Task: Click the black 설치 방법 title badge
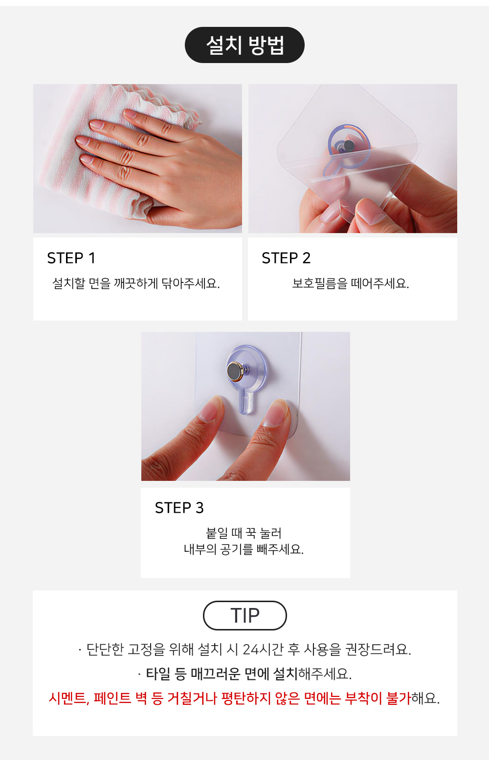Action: (x=244, y=45)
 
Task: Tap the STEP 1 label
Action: (x=71, y=258)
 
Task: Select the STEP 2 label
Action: (x=286, y=258)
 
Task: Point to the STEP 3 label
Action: (x=179, y=508)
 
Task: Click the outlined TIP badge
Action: (x=245, y=615)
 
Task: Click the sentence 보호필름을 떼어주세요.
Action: (x=351, y=283)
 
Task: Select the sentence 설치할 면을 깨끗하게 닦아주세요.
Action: (x=136, y=283)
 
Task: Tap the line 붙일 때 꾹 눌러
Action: (x=244, y=533)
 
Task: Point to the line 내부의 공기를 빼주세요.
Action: (x=244, y=549)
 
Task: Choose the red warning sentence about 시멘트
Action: (x=244, y=698)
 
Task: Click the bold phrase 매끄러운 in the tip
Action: (x=216, y=673)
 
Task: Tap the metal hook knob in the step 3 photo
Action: (x=235, y=371)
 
